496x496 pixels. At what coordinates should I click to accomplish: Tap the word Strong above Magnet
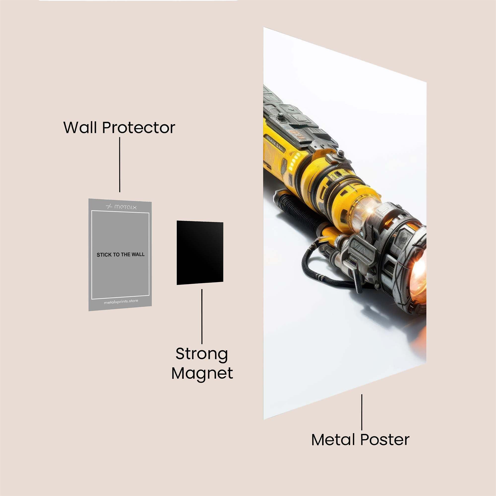tap(202, 355)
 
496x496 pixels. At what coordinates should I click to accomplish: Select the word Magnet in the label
tap(202, 373)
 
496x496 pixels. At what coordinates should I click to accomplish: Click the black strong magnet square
tap(200, 253)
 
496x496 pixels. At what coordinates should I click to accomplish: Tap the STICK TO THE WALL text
tap(121, 255)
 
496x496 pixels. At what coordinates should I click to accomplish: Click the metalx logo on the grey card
tap(121, 207)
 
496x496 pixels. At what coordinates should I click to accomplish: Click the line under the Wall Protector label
tap(120, 164)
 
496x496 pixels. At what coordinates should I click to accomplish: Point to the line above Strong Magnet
tap(202, 316)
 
